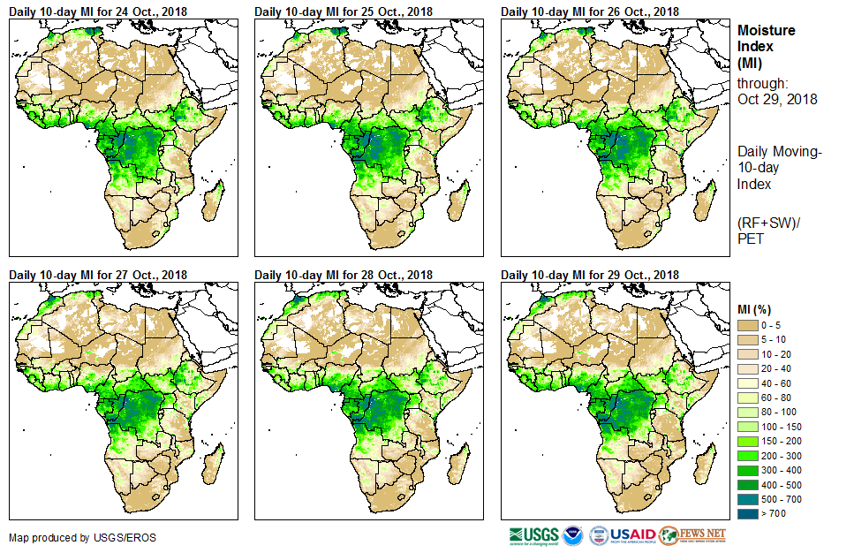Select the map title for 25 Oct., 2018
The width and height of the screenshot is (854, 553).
click(344, 11)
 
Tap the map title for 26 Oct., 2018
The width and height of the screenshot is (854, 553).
click(590, 11)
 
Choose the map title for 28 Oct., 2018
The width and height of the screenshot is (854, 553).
click(344, 276)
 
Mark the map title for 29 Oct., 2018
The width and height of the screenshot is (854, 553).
click(590, 276)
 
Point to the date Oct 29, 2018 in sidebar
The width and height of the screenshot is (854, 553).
click(777, 99)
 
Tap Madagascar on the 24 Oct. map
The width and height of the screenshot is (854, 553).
click(213, 201)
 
